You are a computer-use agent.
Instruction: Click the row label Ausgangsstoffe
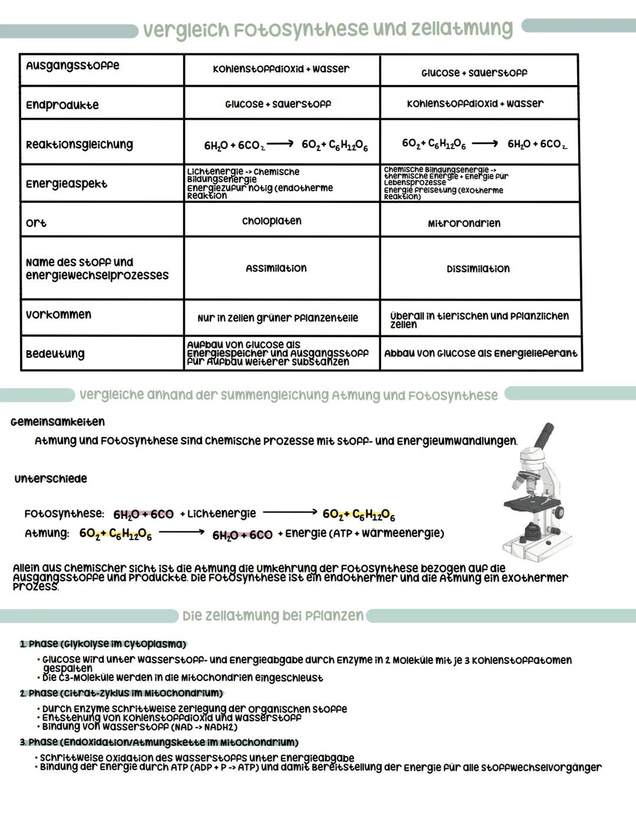72,65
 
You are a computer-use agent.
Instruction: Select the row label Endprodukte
62,106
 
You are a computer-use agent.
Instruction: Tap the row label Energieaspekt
67,184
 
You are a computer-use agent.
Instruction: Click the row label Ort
36,223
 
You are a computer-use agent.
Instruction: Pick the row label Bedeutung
55,354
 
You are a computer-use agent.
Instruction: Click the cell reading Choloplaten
271,221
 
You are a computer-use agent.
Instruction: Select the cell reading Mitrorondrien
464,223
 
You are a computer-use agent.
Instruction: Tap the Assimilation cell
276,268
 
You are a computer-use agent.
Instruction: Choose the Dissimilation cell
478,269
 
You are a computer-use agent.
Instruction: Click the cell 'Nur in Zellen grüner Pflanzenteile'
278,318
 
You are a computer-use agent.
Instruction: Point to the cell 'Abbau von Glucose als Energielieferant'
481,353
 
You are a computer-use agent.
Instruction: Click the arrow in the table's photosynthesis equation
281,143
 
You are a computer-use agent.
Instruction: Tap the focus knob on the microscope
557,511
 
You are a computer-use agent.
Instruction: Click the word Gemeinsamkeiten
58,422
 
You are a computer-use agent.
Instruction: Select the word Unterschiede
51,479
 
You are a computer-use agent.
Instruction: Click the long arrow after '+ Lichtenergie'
290,513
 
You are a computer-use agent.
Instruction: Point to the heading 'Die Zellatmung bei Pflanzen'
273,616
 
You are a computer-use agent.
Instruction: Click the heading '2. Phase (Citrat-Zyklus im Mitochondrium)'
121,693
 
